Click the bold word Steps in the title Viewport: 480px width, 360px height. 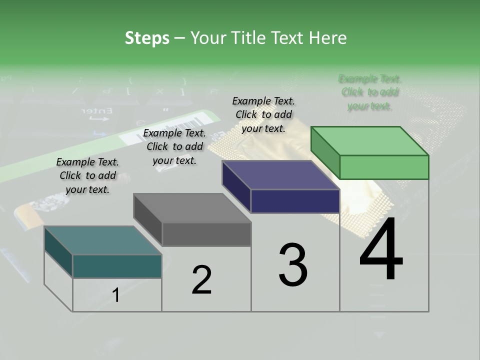tap(147, 38)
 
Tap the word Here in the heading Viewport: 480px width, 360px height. tap(327, 38)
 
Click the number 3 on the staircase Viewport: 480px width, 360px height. tap(292, 265)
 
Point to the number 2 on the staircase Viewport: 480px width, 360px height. tap(201, 280)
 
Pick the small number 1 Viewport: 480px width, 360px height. tap(115, 295)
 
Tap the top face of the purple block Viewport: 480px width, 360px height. tap(280, 175)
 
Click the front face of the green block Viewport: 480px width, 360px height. tap(384, 167)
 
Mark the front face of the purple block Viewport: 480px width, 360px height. tap(295, 201)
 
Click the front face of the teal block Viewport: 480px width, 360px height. tap(117, 266)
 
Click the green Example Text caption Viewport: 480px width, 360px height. tap(370, 92)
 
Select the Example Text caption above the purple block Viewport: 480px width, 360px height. tap(263, 114)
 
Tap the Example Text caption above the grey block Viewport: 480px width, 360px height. tap(174, 146)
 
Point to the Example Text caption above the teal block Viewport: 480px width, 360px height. tap(87, 175)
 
